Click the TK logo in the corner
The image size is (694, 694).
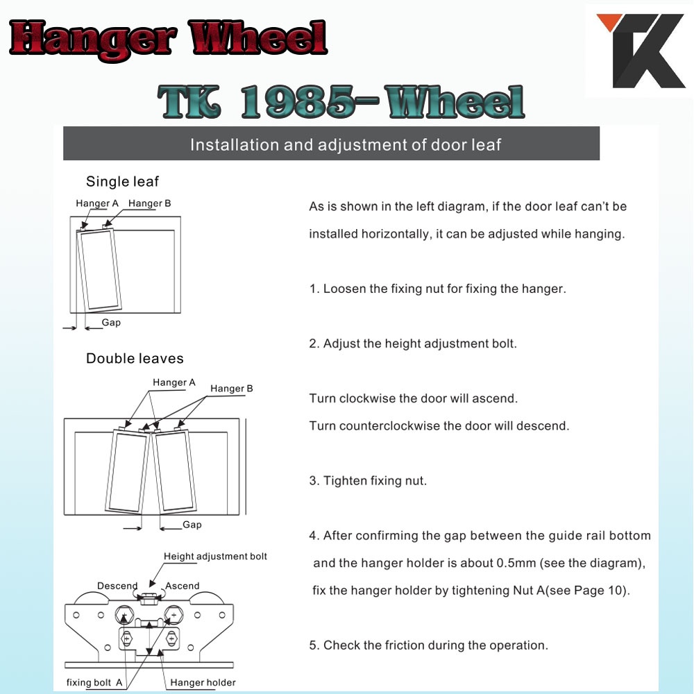[x=640, y=51]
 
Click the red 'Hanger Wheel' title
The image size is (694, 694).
[x=168, y=40]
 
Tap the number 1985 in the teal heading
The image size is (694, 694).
[x=298, y=102]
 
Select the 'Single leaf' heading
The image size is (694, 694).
[x=122, y=181]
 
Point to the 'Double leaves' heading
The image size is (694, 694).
[x=135, y=359]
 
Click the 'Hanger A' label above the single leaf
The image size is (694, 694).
[x=97, y=203]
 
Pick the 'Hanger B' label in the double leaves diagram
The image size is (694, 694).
[x=232, y=389]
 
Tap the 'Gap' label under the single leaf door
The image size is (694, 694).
[x=111, y=322]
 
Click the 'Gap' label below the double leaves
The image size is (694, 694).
[x=192, y=525]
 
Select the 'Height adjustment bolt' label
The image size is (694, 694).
[x=215, y=557]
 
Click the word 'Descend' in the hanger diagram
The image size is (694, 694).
[x=117, y=586]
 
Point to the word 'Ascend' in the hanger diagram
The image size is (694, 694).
[x=183, y=586]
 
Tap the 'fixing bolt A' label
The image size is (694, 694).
[x=94, y=682]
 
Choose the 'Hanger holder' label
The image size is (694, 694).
[x=203, y=682]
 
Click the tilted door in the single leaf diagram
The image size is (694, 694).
[x=99, y=269]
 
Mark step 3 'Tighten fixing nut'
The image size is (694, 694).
[x=368, y=481]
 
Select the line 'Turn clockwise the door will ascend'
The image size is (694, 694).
[x=414, y=398]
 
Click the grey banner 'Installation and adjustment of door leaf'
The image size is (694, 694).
[x=331, y=144]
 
